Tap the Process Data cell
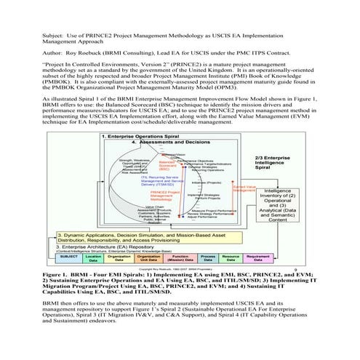click(x=208, y=258)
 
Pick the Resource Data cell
click(x=231, y=258)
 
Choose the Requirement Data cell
click(x=259, y=258)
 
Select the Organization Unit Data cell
click(x=148, y=258)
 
